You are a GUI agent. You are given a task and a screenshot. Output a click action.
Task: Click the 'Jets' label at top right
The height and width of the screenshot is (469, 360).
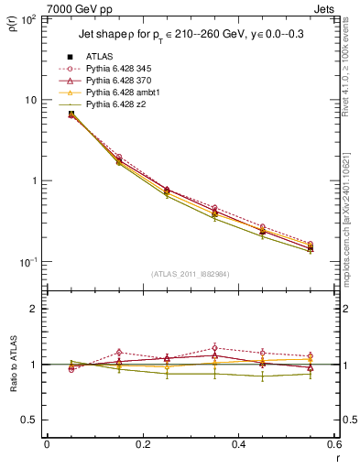(325, 7)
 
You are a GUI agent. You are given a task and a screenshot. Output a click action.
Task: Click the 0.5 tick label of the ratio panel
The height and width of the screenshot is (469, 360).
(32, 420)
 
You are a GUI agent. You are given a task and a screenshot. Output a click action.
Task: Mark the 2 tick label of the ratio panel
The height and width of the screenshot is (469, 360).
(36, 309)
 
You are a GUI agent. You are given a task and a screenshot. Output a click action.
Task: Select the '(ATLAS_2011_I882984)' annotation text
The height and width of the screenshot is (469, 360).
(191, 274)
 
